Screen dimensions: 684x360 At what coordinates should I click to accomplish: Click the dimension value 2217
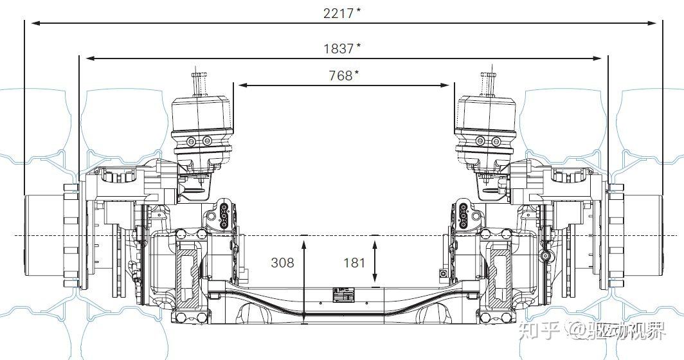[x=338, y=13]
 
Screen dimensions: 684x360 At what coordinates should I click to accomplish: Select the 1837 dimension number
[x=338, y=48]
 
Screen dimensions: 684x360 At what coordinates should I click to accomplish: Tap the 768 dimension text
[x=340, y=75]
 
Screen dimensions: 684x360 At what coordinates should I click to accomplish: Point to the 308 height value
[x=283, y=263]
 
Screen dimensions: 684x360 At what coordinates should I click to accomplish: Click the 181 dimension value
[x=354, y=263]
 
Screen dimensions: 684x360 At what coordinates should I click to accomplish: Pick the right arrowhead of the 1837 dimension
[x=598, y=58]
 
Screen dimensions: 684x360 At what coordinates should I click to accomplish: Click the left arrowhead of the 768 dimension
[x=243, y=85]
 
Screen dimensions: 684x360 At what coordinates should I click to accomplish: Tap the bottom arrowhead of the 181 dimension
[x=375, y=278]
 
